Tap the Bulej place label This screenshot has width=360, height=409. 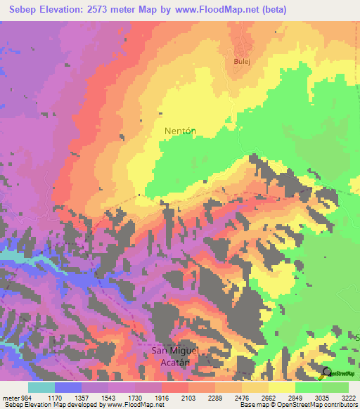(241, 61)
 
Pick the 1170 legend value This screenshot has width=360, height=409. (55, 397)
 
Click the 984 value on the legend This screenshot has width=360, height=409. (25, 397)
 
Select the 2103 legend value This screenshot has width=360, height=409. (188, 397)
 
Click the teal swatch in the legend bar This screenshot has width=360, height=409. (41, 387)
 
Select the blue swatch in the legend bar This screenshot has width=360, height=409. (68, 387)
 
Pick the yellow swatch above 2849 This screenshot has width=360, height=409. (281, 387)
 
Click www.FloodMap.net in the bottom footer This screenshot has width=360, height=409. (134, 405)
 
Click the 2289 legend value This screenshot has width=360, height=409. (214, 397)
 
